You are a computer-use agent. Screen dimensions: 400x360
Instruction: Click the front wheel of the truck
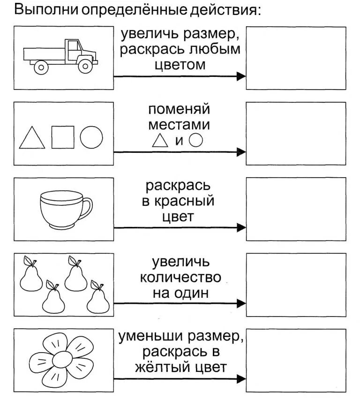click(85, 66)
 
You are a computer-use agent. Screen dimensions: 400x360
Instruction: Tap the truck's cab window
click(74, 46)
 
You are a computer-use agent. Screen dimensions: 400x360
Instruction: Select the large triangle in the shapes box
click(32, 139)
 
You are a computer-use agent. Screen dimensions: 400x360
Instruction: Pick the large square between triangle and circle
click(62, 137)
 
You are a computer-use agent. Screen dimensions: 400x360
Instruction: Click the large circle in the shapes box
click(91, 137)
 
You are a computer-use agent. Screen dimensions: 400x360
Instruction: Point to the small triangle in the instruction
click(160, 140)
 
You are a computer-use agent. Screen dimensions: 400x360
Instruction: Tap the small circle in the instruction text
click(196, 140)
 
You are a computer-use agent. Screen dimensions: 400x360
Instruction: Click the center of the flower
click(61, 360)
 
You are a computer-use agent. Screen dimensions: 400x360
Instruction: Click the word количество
click(180, 278)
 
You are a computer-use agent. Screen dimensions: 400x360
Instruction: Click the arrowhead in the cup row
click(241, 228)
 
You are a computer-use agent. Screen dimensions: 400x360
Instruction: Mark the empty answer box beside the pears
click(295, 284)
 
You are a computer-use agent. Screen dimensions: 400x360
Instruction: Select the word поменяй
click(180, 110)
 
